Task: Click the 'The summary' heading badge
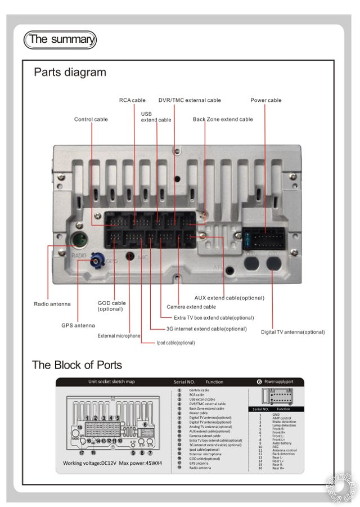click(x=60, y=39)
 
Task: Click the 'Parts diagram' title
click(x=70, y=73)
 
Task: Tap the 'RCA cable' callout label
click(x=132, y=100)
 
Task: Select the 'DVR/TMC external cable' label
click(x=190, y=100)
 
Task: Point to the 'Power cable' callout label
click(x=265, y=100)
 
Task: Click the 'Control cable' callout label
click(x=91, y=119)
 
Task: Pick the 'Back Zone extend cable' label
click(x=223, y=119)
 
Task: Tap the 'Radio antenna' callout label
click(x=52, y=304)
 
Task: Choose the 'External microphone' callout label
click(x=119, y=336)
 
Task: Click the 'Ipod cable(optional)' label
click(x=175, y=343)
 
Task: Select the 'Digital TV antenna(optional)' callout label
click(x=292, y=332)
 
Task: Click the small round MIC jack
click(x=130, y=257)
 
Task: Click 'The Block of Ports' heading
click(x=76, y=365)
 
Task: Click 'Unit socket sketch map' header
click(x=111, y=382)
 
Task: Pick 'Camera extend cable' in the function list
click(x=205, y=436)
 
